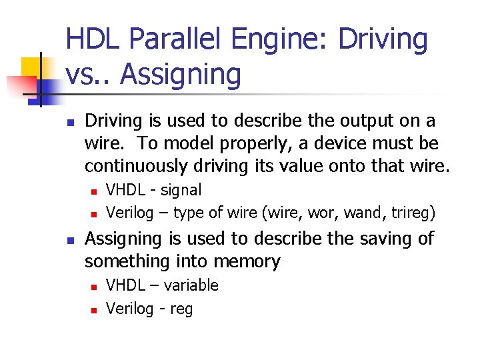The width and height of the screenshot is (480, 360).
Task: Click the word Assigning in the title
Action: [181, 75]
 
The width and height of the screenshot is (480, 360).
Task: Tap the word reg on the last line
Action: [181, 309]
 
